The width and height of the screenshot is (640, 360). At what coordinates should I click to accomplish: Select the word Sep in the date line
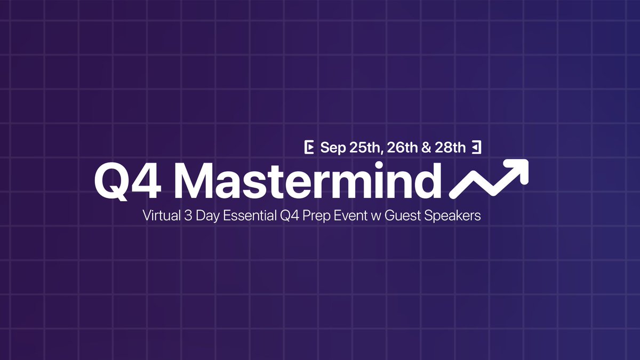[x=333, y=148]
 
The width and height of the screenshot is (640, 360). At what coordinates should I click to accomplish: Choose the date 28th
[x=450, y=148]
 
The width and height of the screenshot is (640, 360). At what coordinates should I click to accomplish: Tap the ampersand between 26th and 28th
[x=426, y=148]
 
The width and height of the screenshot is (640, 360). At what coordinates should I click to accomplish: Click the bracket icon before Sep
[x=308, y=148]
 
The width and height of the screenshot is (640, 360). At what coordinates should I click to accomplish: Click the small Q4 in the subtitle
[x=286, y=217]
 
